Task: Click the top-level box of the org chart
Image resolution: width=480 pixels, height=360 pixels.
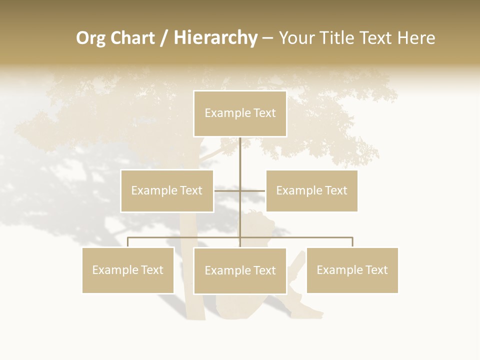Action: [240, 113]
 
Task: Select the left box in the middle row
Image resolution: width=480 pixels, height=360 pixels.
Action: [167, 190]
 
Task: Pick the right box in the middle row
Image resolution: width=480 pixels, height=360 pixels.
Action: [311, 190]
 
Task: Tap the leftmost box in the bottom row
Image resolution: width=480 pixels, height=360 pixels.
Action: [128, 270]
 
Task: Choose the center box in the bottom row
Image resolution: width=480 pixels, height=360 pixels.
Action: [240, 270]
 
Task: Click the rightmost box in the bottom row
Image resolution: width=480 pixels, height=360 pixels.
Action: [352, 270]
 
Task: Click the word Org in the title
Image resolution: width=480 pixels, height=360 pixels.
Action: [90, 38]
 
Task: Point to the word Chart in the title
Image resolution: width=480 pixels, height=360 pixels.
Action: [132, 38]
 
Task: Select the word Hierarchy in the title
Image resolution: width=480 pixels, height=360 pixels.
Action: [215, 38]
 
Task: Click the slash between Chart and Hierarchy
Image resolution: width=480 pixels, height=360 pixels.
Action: [164, 38]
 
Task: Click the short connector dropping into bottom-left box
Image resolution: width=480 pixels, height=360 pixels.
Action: [128, 242]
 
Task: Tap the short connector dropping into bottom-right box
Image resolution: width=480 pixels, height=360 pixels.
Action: [352, 242]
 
